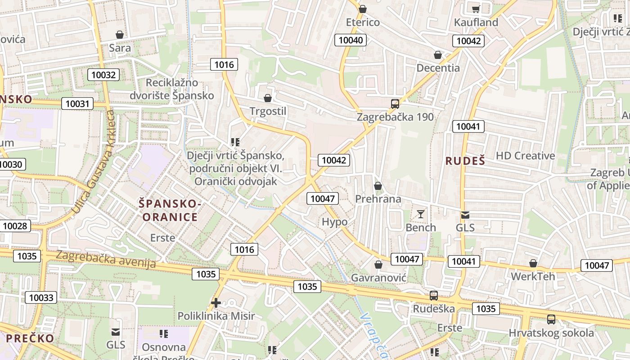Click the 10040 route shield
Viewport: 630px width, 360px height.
point(351,40)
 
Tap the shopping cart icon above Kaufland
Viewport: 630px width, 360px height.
point(476,9)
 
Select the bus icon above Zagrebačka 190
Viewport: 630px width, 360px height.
point(395,104)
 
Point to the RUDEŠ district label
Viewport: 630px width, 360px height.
point(465,161)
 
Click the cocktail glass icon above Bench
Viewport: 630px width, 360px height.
point(421,214)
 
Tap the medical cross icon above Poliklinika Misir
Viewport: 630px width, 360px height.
point(216,303)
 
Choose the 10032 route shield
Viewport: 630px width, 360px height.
point(103,75)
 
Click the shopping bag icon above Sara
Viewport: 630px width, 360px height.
point(120,35)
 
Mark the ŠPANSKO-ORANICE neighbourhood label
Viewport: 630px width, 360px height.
point(171,211)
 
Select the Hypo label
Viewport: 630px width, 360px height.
point(335,222)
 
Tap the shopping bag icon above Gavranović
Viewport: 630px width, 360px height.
point(378,265)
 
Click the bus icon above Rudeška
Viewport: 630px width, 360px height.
point(434,296)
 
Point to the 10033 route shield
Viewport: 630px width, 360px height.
point(41,297)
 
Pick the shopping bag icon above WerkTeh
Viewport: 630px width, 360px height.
point(533,263)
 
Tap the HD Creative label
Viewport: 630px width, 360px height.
point(525,156)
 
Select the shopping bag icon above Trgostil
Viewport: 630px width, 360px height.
point(268,98)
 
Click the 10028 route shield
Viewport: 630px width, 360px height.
point(15,225)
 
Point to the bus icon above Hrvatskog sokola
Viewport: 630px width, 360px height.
point(551,319)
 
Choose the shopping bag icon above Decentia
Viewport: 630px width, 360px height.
point(438,55)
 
